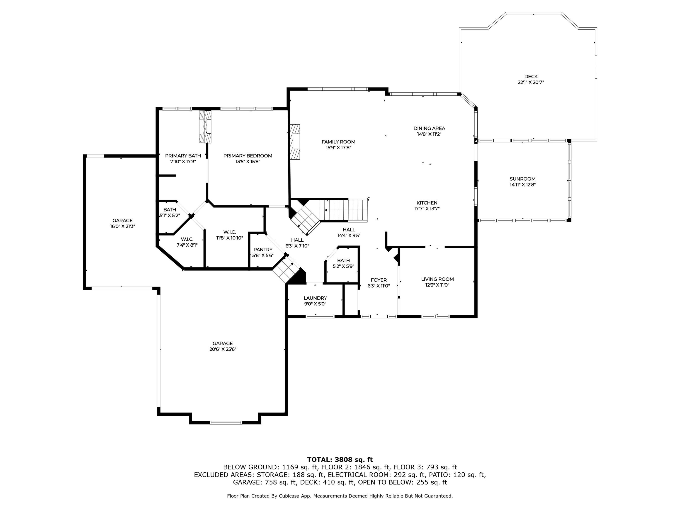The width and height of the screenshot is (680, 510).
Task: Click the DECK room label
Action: (x=531, y=77)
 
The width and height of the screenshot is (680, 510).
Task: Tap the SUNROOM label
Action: (x=523, y=179)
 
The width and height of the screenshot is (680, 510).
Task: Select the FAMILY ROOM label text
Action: (x=338, y=142)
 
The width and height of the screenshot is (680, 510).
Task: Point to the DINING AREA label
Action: (x=429, y=129)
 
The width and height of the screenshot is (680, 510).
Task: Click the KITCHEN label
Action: (x=427, y=203)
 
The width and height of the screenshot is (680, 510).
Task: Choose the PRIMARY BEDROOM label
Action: (x=248, y=156)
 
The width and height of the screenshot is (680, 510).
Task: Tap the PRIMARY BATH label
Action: (x=183, y=156)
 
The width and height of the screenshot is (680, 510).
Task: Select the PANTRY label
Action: (x=263, y=250)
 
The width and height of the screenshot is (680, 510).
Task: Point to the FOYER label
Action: (x=379, y=280)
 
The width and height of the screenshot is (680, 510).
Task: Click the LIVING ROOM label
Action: (x=437, y=279)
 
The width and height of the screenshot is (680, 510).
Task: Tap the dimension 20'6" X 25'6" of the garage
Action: (x=223, y=349)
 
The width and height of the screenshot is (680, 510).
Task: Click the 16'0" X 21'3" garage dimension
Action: (x=123, y=226)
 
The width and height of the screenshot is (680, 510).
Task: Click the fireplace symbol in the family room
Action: (x=295, y=142)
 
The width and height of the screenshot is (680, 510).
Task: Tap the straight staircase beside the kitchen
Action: (x=344, y=210)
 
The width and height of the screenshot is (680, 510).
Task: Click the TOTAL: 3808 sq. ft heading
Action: (x=340, y=460)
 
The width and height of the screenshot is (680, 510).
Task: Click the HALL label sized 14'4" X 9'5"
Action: (x=349, y=230)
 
